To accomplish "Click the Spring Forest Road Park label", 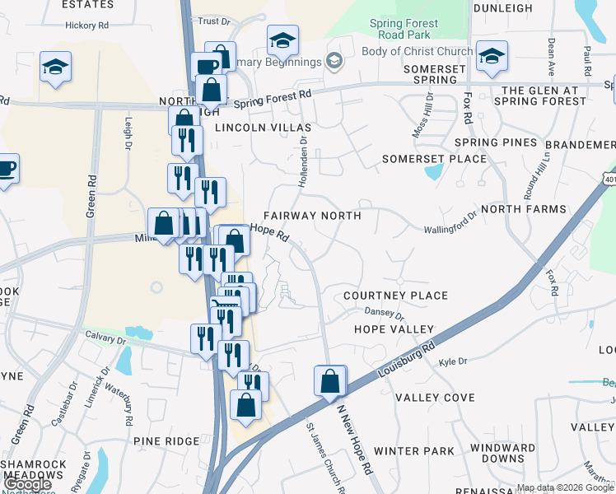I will point(404,30).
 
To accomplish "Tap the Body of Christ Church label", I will point(418,51).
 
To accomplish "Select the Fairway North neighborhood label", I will point(312,216).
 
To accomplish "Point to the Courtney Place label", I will point(395,296).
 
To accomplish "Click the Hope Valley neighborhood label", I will point(393,329).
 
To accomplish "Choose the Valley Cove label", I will point(435,398).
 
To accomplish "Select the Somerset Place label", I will point(435,159).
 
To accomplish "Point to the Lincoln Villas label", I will point(263,128).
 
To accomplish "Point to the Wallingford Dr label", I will point(450,223).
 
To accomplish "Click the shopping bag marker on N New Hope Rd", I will point(329,382).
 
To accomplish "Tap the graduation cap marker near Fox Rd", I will point(492,56).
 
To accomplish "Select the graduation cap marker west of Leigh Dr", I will point(56,68).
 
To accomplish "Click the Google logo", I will point(27,484).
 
